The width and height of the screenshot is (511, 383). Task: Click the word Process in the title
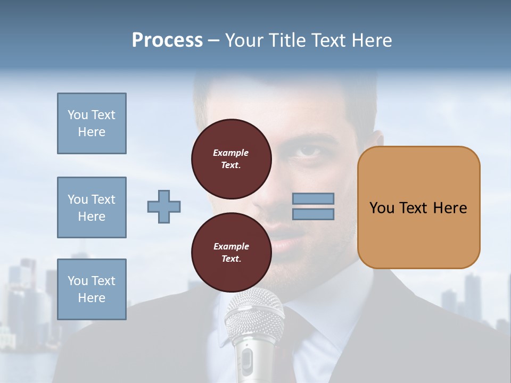[167, 40]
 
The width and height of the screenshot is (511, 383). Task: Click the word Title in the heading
[286, 40]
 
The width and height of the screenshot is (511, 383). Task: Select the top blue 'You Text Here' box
[92, 123]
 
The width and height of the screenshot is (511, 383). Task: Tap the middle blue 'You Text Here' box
[92, 207]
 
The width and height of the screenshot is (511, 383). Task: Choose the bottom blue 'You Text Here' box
[92, 289]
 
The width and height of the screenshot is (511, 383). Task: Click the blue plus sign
[164, 206]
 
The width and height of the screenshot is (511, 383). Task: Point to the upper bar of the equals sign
[313, 198]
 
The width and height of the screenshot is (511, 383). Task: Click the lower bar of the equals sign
[313, 214]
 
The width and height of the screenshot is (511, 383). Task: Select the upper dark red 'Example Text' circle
[231, 159]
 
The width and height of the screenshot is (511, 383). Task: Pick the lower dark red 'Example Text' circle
[231, 253]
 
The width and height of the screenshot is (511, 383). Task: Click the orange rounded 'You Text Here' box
[418, 207]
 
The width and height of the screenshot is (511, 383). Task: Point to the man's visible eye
[309, 151]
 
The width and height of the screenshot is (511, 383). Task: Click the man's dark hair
[298, 90]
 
